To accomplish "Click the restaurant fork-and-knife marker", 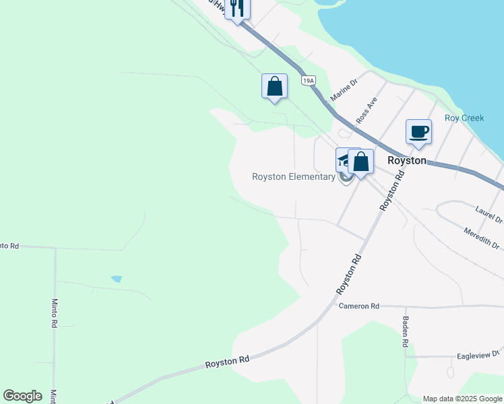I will point(237,9).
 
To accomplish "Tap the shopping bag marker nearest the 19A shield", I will point(274,87).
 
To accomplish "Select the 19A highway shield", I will point(308,81).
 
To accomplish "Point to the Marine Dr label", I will point(344,90).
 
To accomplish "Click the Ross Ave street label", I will point(367,109).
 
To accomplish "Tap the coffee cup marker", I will point(418,131).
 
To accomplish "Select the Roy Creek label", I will point(464,118).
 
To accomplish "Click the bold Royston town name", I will point(407,161).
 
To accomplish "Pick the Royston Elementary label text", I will point(293,177).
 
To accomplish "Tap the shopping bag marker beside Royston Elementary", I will point(360,162).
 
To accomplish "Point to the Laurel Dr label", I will point(489,215).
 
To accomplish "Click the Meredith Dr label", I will point(482,240).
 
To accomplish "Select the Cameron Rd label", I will point(359,306).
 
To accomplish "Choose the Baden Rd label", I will point(406,332).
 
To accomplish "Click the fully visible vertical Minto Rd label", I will point(55,313).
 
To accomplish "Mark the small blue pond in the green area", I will point(117,279).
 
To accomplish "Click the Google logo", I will point(22,396).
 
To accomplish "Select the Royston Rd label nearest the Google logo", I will point(227,362).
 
